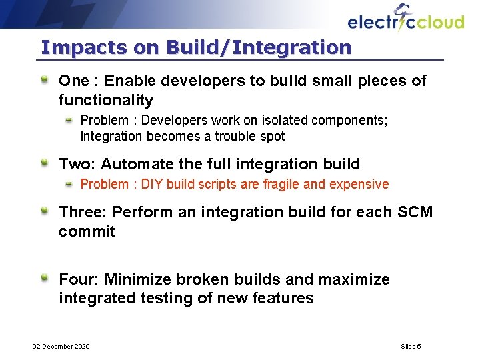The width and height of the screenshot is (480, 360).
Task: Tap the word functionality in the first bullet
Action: pos(106,101)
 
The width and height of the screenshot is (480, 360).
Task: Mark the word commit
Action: pos(87,232)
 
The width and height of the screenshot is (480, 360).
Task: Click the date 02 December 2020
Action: pos(61,347)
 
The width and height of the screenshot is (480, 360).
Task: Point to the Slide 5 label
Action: pos(411,347)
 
